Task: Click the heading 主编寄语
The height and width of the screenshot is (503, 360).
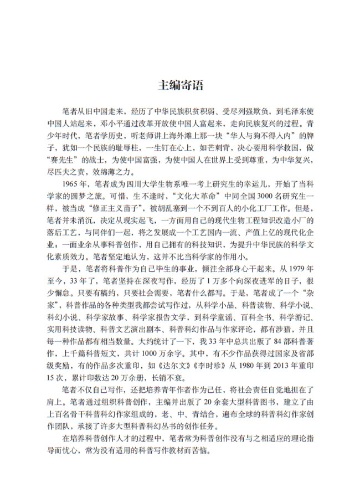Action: tap(180, 85)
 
